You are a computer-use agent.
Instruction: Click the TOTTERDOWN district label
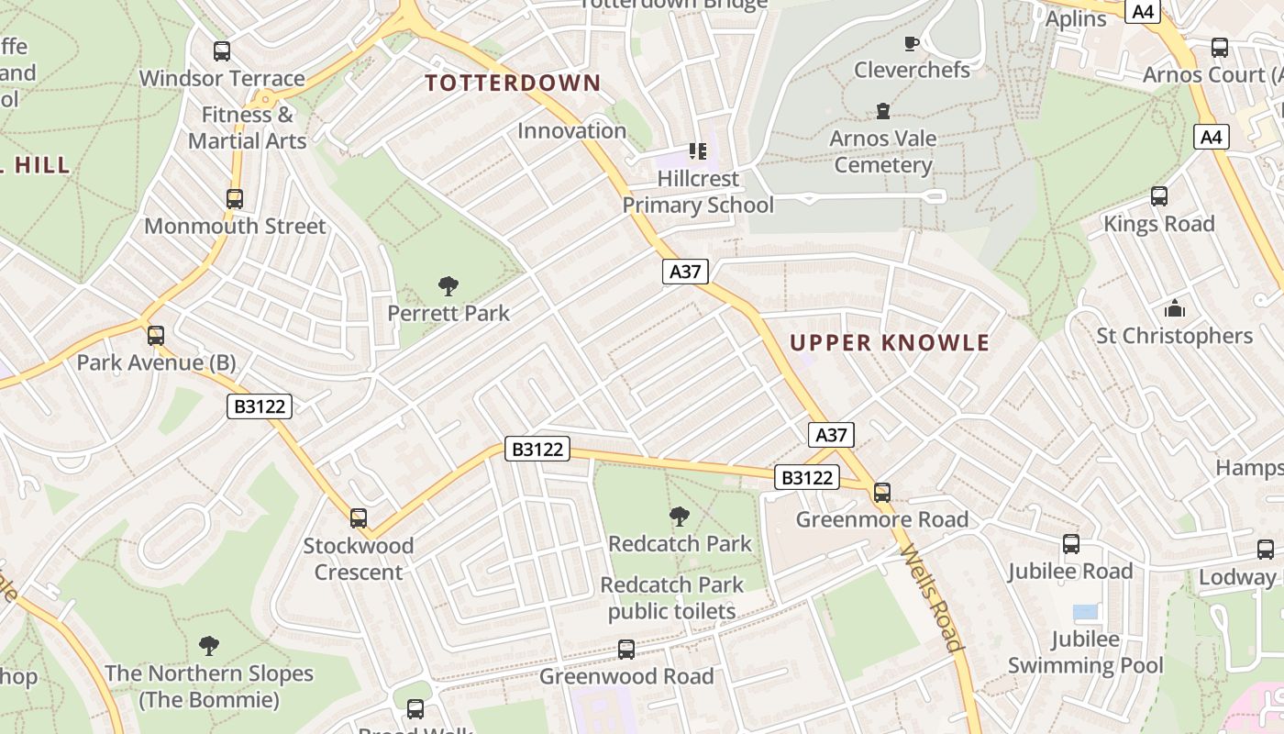click(513, 83)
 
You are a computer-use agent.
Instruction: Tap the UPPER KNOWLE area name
click(890, 343)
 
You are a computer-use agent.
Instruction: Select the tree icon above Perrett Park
click(448, 286)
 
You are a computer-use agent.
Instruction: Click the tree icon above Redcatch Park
click(680, 517)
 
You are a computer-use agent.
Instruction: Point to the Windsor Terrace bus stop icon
click(221, 51)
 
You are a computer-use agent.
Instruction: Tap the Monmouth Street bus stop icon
click(235, 199)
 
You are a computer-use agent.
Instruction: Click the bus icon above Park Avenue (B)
click(156, 336)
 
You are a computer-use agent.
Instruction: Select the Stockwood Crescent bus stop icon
click(359, 518)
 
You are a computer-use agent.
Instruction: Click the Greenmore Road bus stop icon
click(882, 493)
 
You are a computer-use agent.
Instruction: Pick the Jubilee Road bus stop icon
click(1071, 544)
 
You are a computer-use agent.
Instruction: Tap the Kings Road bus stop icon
click(1159, 196)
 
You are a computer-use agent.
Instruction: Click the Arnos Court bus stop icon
click(1220, 48)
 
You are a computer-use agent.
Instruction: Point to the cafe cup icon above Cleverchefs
click(911, 43)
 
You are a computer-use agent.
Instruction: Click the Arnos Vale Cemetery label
click(883, 152)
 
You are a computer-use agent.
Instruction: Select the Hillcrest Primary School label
click(698, 192)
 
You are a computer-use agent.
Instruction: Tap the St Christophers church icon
click(1175, 309)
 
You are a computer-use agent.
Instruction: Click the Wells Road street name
click(934, 598)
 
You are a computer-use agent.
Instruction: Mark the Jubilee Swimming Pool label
click(1086, 652)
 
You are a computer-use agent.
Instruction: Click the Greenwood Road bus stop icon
click(626, 650)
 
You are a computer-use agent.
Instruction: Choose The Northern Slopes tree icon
click(209, 646)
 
